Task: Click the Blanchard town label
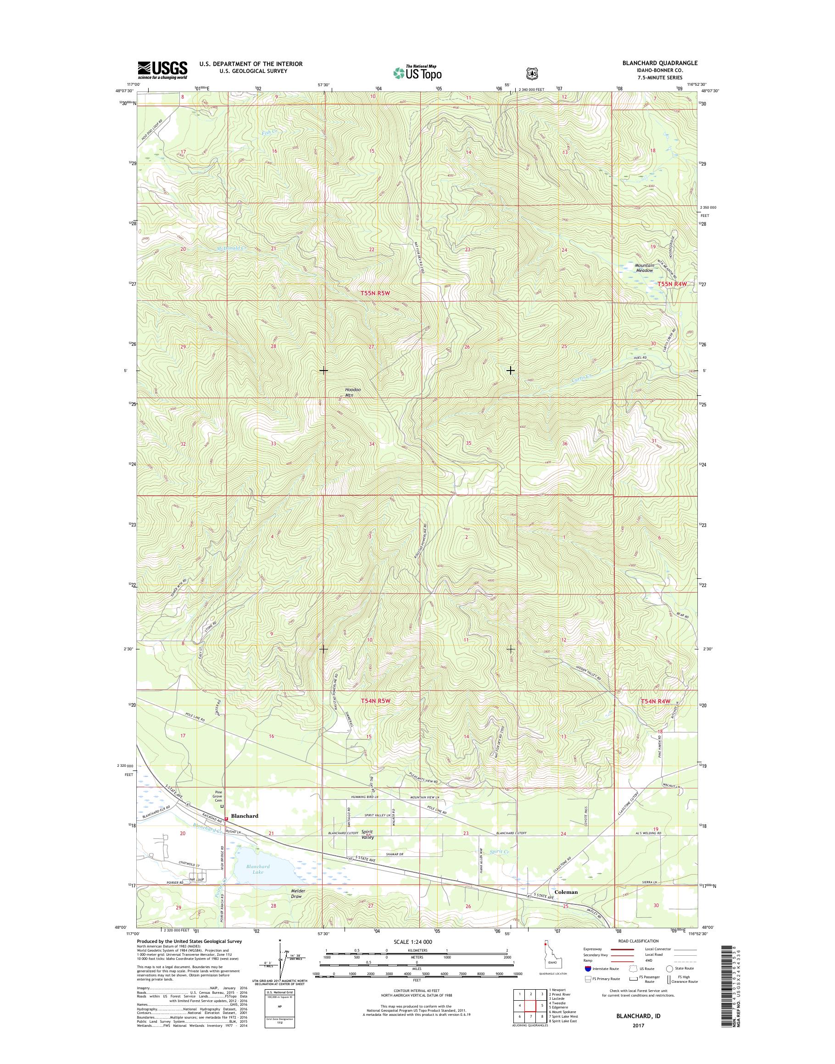point(245,816)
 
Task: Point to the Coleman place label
point(566,892)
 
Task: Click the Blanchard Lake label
point(258,869)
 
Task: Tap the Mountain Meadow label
point(644,268)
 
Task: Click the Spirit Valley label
point(367,835)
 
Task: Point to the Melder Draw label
point(298,893)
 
